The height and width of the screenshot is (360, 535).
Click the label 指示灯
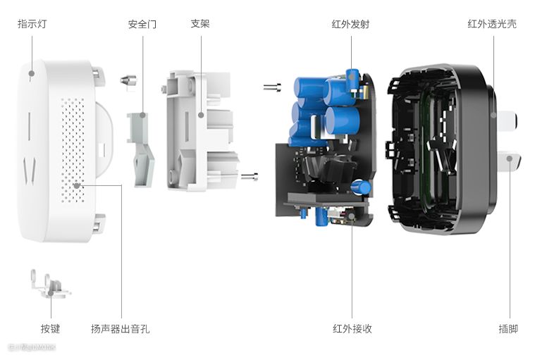click(32, 24)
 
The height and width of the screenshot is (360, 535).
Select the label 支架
click(200, 24)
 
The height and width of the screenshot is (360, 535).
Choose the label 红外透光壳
click(492, 24)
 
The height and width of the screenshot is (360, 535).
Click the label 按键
click(50, 328)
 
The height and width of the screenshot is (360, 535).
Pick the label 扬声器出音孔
click(121, 328)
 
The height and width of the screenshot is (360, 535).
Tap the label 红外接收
click(352, 328)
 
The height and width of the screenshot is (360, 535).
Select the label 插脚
click(508, 328)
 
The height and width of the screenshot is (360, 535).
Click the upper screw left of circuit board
click(271, 87)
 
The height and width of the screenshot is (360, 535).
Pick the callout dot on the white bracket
click(201, 115)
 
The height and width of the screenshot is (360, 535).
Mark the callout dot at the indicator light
click(32, 72)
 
